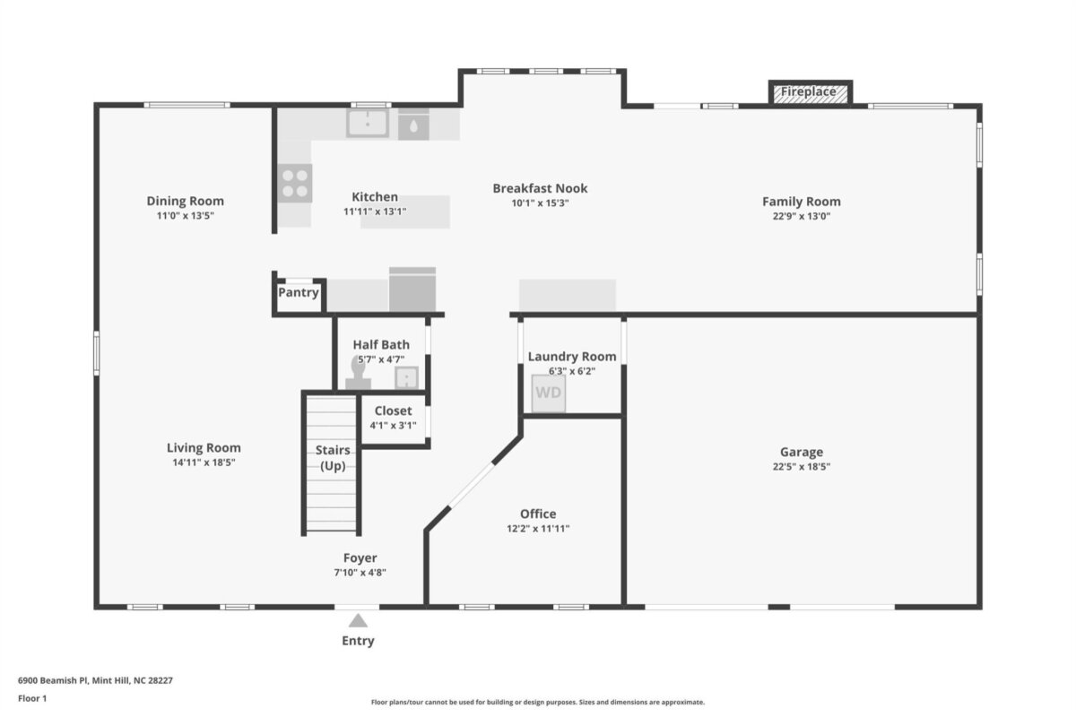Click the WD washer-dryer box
pos(548,393)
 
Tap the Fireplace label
pos(808,91)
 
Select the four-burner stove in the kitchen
pos(295,183)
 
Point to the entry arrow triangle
pos(358,620)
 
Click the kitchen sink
pos(368,123)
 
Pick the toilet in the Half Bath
pos(359,373)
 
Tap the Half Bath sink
pos(406,377)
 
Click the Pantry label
pos(299,292)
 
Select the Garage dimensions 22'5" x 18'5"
pos(802,466)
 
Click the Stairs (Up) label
pos(333,458)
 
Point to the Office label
pos(538,514)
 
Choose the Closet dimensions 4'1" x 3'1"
pos(393,425)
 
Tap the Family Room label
pos(802,202)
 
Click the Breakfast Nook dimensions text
pos(540,203)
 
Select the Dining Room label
pos(185,201)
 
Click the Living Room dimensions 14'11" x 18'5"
pos(204,462)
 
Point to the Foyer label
pos(360,558)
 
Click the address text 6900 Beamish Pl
pos(53,680)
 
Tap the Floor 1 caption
pos(32,698)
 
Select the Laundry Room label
pos(572,357)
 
